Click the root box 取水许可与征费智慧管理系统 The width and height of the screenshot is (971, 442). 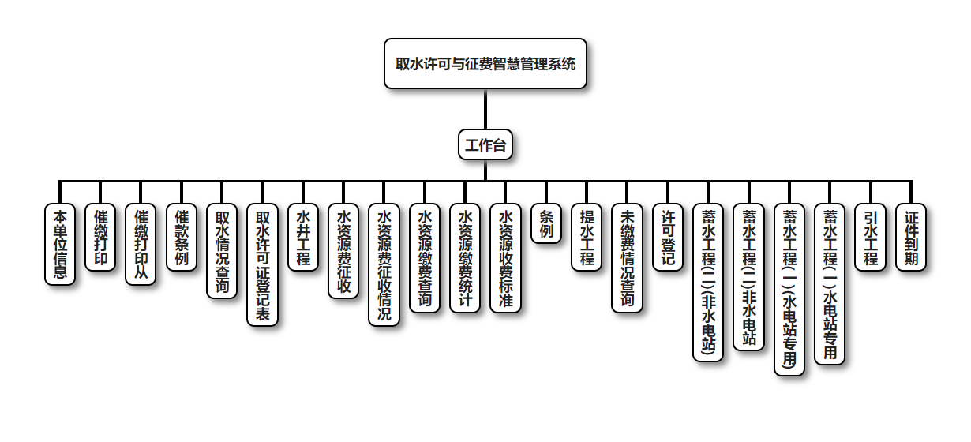[x=485, y=64]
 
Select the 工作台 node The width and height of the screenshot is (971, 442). [x=485, y=145]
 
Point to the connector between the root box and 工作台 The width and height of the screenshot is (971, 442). [x=485, y=110]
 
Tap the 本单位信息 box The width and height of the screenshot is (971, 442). [x=60, y=244]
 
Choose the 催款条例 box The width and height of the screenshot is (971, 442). [x=182, y=238]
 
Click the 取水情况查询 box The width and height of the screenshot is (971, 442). [x=222, y=252]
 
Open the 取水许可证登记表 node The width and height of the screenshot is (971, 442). [x=262, y=265]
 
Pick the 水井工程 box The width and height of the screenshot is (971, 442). [x=303, y=238]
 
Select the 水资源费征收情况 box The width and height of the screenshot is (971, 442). [x=384, y=265]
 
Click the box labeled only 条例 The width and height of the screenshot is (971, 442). [x=546, y=224]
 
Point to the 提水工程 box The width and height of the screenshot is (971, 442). [x=587, y=238]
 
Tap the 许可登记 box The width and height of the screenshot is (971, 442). [x=668, y=238]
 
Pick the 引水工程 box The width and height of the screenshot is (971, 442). [x=871, y=238]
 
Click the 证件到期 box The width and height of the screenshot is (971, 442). [x=911, y=238]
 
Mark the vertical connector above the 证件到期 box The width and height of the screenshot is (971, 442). [x=911, y=193]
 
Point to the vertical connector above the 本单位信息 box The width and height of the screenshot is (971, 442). [x=60, y=193]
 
